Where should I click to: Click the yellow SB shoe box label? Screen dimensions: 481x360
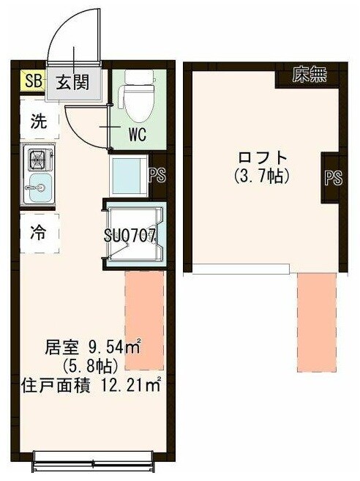(x=32, y=81)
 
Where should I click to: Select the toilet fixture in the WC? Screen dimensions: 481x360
(x=137, y=95)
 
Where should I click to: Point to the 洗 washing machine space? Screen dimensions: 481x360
(x=39, y=122)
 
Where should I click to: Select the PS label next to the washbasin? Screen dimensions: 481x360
(x=156, y=176)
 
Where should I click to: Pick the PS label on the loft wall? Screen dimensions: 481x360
(x=333, y=179)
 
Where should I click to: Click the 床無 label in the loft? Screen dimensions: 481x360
(x=309, y=75)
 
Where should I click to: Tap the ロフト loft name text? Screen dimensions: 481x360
(x=262, y=158)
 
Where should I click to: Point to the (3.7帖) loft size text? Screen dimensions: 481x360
(x=262, y=176)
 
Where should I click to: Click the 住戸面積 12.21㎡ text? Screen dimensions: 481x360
(x=91, y=383)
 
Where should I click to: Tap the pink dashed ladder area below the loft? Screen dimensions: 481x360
(x=316, y=322)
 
